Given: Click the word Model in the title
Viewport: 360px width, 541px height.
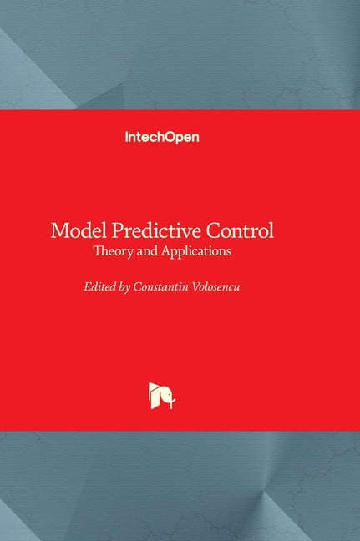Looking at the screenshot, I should pos(76,230).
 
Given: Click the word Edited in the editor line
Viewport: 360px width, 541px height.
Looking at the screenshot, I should pos(100,287).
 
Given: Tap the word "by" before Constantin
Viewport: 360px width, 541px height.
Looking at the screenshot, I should pos(126,288).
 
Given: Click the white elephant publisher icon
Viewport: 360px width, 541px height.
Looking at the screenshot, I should pos(160,395).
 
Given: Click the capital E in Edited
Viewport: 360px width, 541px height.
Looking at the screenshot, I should pos(88,287).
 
